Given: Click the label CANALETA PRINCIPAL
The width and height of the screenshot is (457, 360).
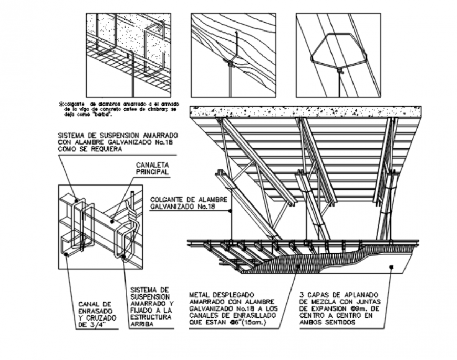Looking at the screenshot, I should (x=152, y=168).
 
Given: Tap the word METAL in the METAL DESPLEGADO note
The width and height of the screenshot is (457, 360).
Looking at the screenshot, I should (x=200, y=295).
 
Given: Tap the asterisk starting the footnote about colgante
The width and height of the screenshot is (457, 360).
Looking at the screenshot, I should (x=61, y=105).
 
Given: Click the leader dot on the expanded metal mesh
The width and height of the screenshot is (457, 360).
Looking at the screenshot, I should (x=297, y=266).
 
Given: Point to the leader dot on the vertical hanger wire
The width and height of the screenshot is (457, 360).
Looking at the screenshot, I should (x=232, y=211).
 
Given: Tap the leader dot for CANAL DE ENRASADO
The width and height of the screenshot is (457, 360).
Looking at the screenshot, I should (x=67, y=255).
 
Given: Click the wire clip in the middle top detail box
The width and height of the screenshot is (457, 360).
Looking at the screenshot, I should (x=231, y=63).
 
